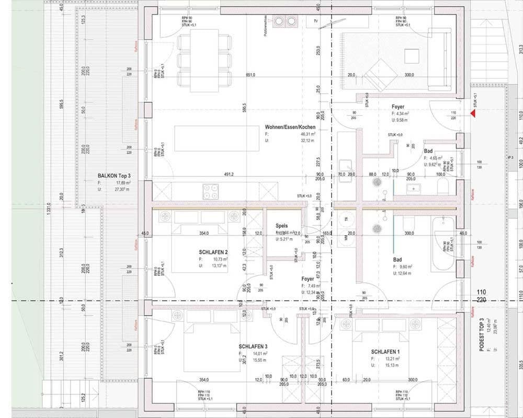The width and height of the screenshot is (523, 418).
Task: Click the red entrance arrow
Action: pyautogui.click(x=473, y=112)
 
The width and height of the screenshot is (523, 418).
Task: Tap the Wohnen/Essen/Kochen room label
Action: pyautogui.click(x=290, y=127)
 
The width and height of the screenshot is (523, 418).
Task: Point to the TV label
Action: pyautogui.click(x=315, y=21)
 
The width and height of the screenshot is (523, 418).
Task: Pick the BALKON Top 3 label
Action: pyautogui.click(x=114, y=177)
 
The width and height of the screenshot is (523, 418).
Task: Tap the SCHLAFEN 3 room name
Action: pyautogui.click(x=253, y=346)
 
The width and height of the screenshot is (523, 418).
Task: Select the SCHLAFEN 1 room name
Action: pyautogui.click(x=386, y=352)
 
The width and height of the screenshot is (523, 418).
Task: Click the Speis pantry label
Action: pyautogui.click(x=281, y=226)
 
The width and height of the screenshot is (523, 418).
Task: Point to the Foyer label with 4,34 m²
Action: pyautogui.click(x=398, y=107)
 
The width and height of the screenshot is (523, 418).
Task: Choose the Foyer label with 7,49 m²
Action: pyautogui.click(x=308, y=279)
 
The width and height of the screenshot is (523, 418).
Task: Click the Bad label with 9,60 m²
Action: pyautogui.click(x=397, y=259)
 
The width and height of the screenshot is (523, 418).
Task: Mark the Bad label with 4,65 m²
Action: pyautogui.click(x=428, y=150)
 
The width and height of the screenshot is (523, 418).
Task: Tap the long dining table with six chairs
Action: pyautogui.click(x=204, y=57)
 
